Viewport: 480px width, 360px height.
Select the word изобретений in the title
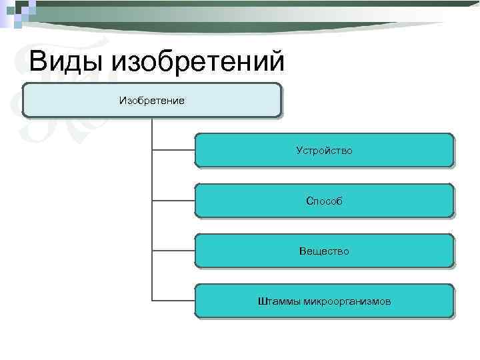(199, 62)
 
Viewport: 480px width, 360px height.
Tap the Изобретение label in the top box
(151, 100)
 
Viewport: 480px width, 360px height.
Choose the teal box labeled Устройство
(324, 150)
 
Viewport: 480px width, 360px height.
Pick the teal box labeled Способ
(324, 201)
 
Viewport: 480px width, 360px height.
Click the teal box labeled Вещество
(324, 251)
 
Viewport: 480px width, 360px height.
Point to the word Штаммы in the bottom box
(279, 302)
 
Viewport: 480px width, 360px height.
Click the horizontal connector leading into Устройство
(173, 150)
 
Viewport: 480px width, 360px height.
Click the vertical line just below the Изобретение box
(152, 127)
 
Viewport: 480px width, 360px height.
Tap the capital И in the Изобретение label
(122, 100)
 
